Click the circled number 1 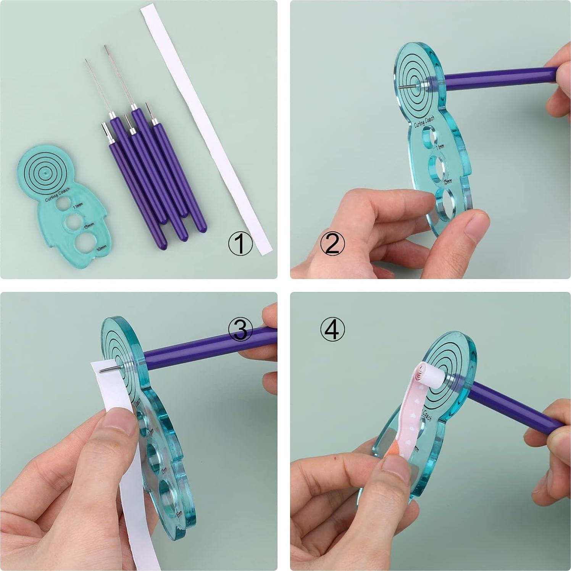point(240,244)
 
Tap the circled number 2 point(332,244)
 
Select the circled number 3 point(240,329)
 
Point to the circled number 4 point(332,329)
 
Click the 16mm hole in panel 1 point(86,244)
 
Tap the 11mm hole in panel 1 point(61,205)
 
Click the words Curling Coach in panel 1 point(57,194)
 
